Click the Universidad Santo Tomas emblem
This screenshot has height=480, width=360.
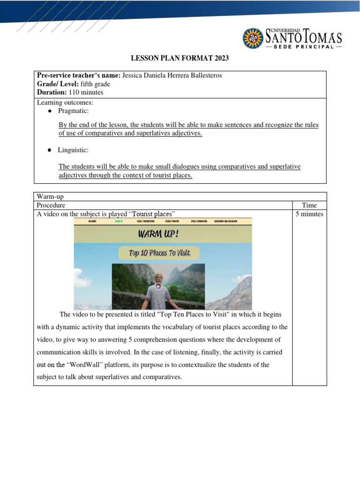(x=253, y=38)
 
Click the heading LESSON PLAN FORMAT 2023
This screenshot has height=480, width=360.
(x=180, y=59)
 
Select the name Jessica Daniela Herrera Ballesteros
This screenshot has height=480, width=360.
(x=172, y=75)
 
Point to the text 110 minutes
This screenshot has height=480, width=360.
(x=86, y=92)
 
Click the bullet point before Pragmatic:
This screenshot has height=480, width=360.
(x=50, y=111)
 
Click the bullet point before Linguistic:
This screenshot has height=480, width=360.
(x=50, y=150)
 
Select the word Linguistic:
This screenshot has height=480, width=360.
(x=73, y=150)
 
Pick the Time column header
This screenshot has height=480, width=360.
(x=309, y=205)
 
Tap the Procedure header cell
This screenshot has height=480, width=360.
(x=51, y=205)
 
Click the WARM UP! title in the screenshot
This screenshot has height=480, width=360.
(x=162, y=233)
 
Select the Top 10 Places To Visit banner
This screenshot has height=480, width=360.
(x=159, y=253)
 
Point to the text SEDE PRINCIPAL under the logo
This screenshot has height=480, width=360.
(x=304, y=46)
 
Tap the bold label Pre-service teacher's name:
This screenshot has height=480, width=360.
(x=79, y=75)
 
